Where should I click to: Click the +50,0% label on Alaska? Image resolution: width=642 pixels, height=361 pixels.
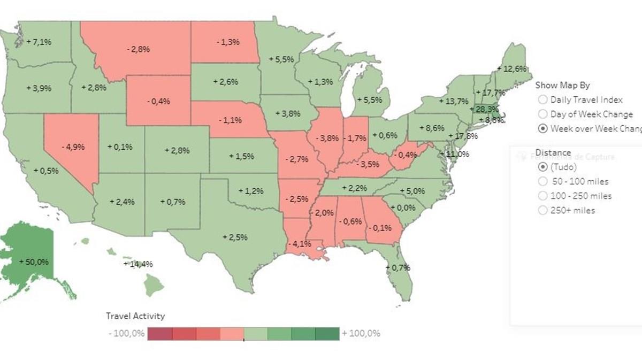tap(34, 262)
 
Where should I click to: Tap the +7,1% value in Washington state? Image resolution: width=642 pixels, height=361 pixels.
tap(39, 42)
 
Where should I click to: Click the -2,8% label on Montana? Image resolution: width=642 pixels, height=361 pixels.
tap(139, 49)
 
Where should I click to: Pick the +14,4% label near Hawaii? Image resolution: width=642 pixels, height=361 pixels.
tap(138, 264)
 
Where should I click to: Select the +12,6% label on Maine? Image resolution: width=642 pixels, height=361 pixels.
tap(512, 68)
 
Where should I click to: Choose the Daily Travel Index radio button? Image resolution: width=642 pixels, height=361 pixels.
tap(542, 99)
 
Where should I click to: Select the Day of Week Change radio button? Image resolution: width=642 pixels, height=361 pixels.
tap(542, 114)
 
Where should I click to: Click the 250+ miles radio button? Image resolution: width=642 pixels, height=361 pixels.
tap(542, 210)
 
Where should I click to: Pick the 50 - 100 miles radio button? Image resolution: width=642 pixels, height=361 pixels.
tap(542, 181)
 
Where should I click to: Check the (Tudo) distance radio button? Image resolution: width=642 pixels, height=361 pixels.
tap(542, 167)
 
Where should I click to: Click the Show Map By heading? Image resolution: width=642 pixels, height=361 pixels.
tap(562, 85)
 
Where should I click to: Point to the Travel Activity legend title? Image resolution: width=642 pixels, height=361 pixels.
tap(135, 316)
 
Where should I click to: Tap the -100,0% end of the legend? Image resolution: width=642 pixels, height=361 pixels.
tap(126, 334)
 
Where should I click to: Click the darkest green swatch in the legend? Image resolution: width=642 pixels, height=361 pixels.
tap(327, 334)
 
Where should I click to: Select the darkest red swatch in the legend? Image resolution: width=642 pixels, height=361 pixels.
tap(159, 334)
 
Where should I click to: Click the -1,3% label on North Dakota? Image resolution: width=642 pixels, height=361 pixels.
tap(228, 42)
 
